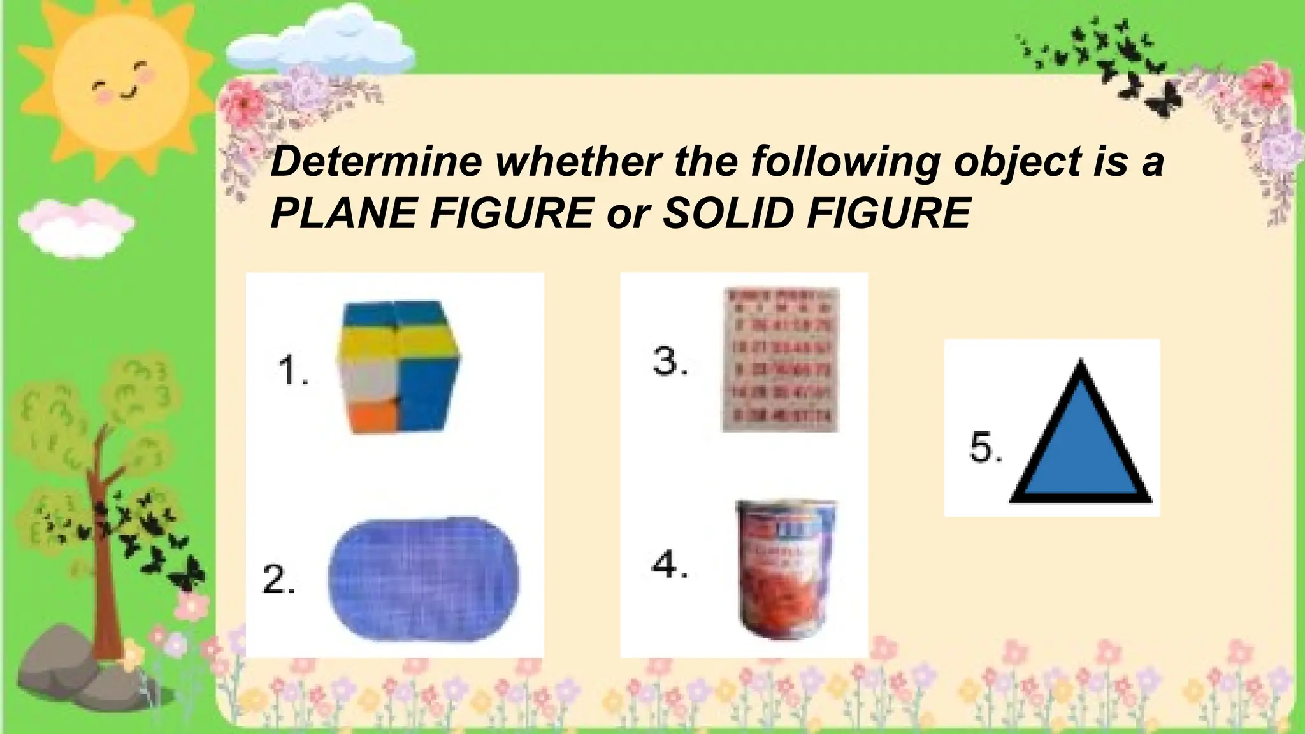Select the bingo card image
pos(780,359)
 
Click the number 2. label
pos(278,579)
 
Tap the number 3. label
pos(670,361)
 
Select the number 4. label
pos(670,565)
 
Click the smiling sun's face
pos(120,83)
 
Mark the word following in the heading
pos(844,162)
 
